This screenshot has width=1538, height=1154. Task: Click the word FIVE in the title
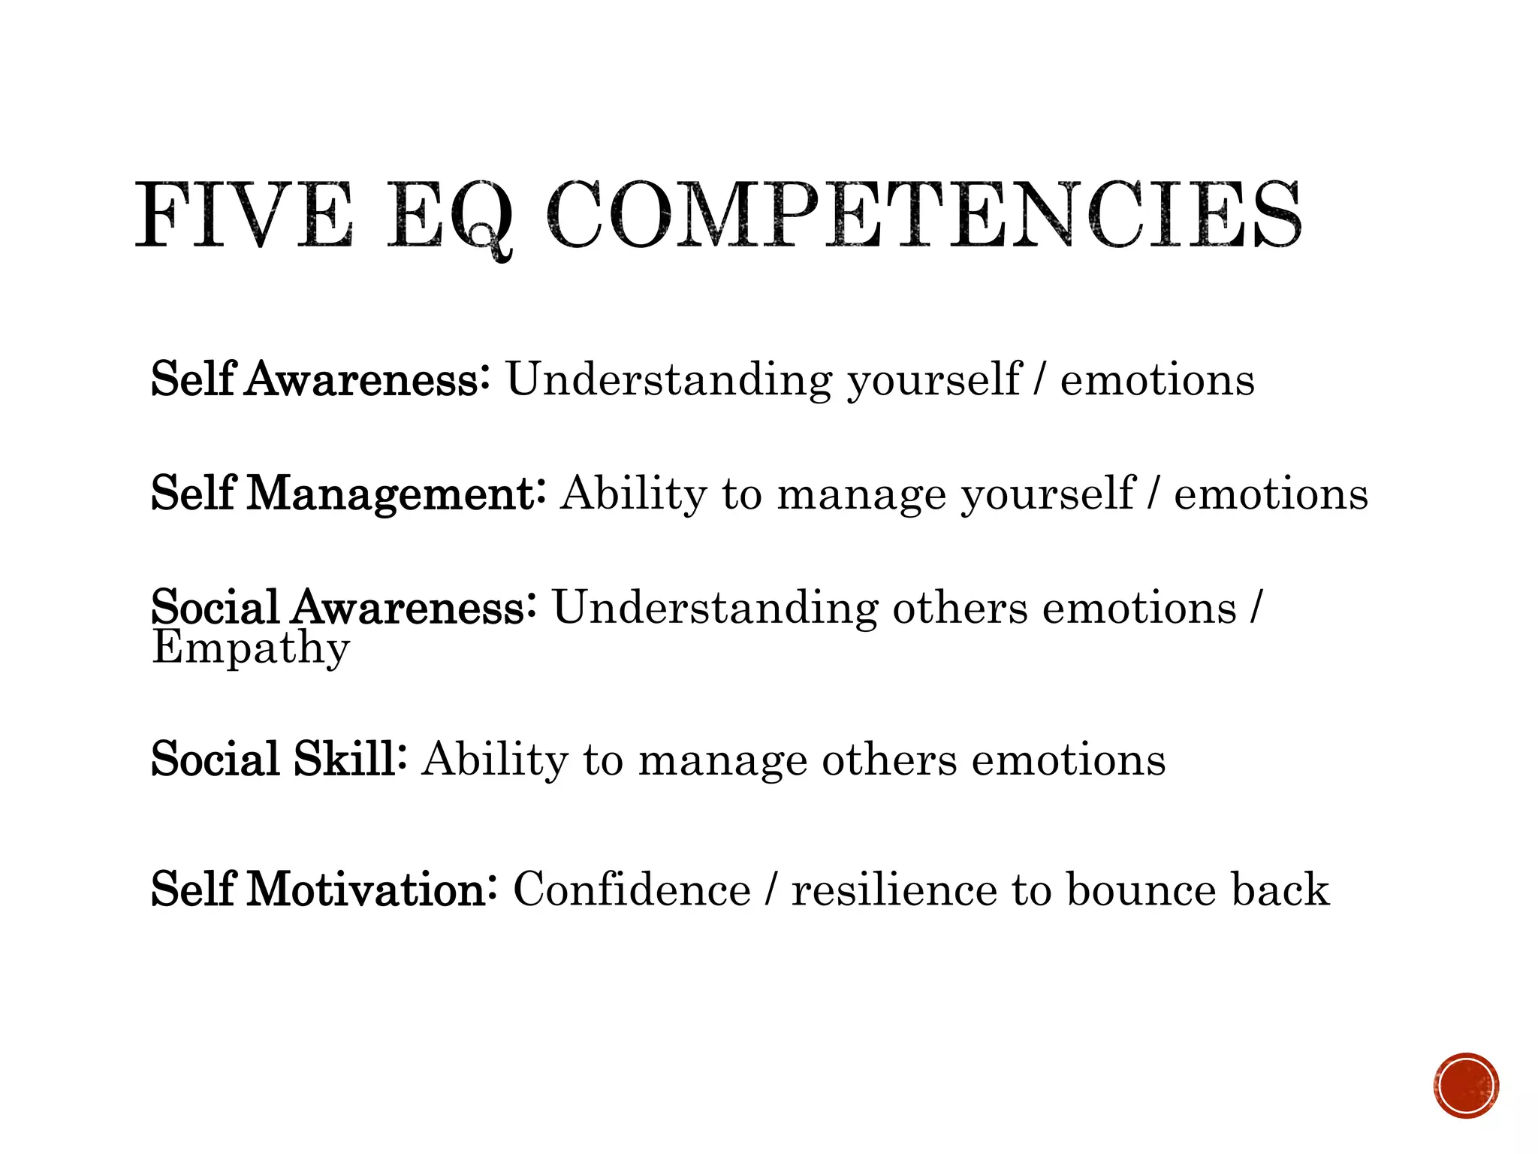[244, 216]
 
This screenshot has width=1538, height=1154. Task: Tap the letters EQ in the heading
[451, 218]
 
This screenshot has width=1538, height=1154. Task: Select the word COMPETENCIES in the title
[924, 216]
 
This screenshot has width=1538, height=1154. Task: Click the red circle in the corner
[1465, 1086]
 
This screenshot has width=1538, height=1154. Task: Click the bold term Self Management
[348, 494]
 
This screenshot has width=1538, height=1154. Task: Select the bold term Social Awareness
[343, 607]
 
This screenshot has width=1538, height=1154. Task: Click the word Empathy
[251, 648]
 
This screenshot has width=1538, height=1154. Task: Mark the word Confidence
[632, 890]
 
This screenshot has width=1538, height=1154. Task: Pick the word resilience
[894, 890]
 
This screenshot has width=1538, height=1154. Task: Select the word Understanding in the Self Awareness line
[668, 380]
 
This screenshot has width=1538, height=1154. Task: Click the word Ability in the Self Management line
[633, 494]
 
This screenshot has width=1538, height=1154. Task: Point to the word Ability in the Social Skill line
[495, 760]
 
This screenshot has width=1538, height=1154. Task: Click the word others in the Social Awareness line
[959, 607]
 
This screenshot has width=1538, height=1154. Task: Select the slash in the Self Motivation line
[771, 890]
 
